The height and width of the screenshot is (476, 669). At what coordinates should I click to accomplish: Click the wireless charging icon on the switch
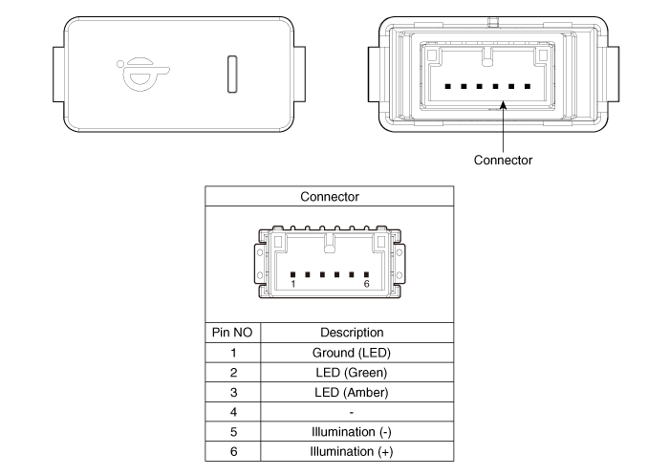[x=143, y=75]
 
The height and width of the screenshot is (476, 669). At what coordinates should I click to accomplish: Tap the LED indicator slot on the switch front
[x=232, y=74]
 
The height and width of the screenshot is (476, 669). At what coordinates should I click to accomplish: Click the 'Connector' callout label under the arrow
[x=503, y=160]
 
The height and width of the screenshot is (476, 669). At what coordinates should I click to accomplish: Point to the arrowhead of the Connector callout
[x=504, y=105]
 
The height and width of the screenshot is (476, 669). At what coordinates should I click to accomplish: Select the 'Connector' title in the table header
[x=330, y=197]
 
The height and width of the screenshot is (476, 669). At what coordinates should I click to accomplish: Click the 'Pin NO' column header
[x=232, y=333]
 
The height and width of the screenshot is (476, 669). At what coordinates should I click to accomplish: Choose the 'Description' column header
[x=352, y=333]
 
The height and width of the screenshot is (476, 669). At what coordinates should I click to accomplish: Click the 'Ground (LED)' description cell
[x=352, y=353]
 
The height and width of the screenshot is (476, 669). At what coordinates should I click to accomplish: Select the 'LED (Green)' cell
[x=352, y=373]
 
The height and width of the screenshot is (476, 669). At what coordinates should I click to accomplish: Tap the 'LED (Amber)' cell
[x=352, y=392]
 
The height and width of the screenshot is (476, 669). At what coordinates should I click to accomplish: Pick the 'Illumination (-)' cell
[x=352, y=432]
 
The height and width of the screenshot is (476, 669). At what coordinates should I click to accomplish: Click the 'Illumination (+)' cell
[x=352, y=451]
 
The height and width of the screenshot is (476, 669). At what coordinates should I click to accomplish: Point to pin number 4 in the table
[x=233, y=412]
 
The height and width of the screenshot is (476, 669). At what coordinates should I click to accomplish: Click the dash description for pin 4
[x=352, y=413]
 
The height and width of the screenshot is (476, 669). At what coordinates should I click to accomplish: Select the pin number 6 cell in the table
[x=233, y=451]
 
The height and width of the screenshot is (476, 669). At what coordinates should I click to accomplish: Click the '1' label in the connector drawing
[x=293, y=284]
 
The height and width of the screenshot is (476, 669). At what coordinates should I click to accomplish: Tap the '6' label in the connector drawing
[x=366, y=284]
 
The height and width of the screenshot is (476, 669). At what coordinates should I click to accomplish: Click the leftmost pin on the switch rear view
[x=447, y=87]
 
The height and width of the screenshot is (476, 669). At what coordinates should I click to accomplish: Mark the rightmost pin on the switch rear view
[x=528, y=87]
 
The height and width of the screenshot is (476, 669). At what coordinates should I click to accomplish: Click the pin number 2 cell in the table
[x=233, y=373]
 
